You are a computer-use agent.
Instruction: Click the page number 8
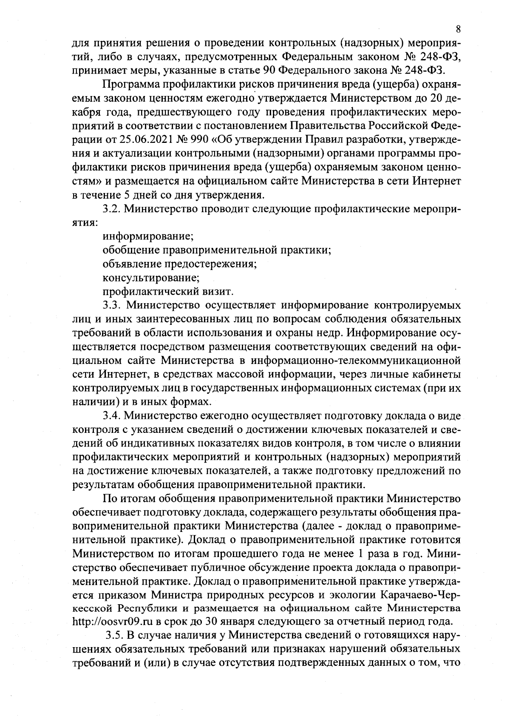coord(458,29)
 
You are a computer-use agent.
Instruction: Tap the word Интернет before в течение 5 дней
coord(438,182)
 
